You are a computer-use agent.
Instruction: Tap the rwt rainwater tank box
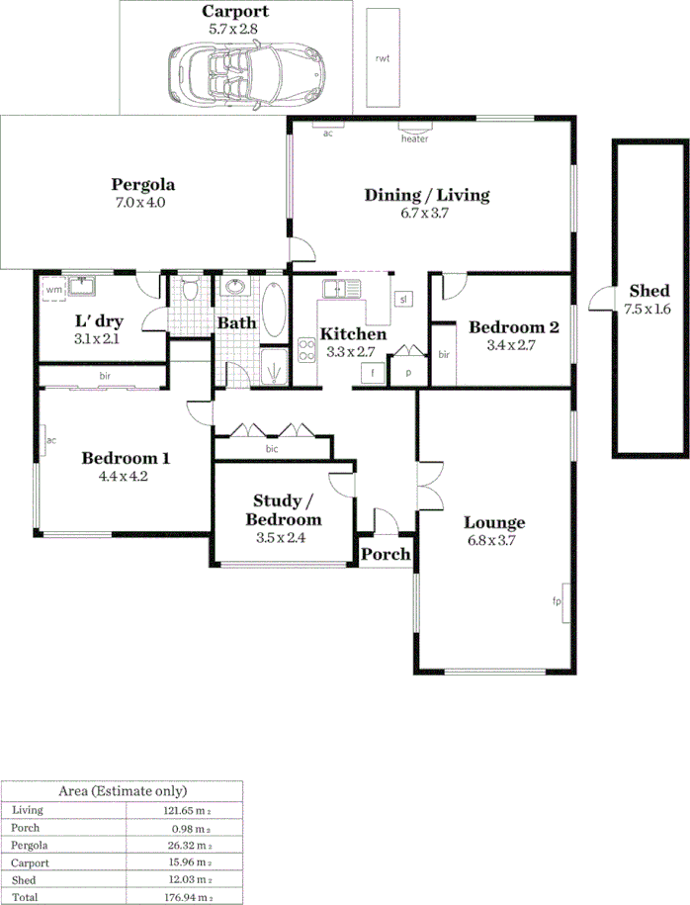pyautogui.click(x=382, y=58)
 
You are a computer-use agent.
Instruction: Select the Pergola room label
pyautogui.click(x=143, y=184)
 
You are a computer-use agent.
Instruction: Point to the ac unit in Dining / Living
pyautogui.click(x=326, y=130)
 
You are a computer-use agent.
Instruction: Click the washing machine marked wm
pyautogui.click(x=54, y=290)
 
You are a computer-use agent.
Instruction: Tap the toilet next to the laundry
pyautogui.click(x=191, y=290)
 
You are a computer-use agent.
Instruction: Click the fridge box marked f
pyautogui.click(x=373, y=373)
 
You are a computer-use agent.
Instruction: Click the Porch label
pyautogui.click(x=386, y=554)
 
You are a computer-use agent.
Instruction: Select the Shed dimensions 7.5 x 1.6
pyautogui.click(x=648, y=310)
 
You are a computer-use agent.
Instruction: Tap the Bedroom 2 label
pyautogui.click(x=514, y=327)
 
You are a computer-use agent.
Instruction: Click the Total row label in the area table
pyautogui.click(x=24, y=895)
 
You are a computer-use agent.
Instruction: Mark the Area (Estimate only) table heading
pyautogui.click(x=123, y=790)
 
